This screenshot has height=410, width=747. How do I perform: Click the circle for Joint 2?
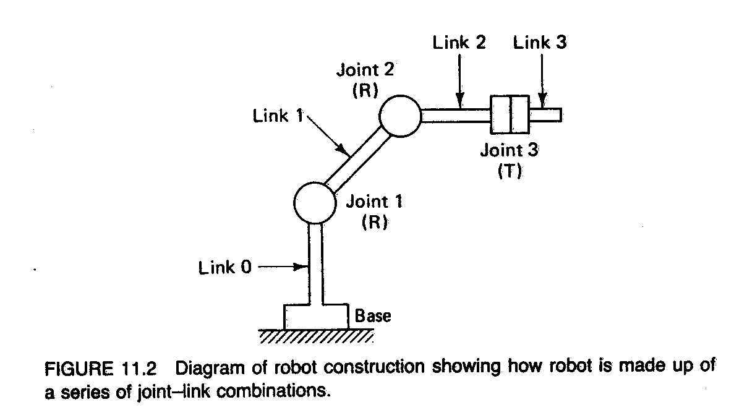coord(400,116)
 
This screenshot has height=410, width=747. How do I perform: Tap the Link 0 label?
coord(225,268)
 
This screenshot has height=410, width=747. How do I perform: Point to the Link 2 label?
coord(459,43)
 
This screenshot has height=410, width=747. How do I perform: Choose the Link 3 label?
coord(539,43)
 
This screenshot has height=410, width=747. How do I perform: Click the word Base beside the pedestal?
coord(372,316)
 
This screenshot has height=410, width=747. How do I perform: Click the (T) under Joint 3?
coord(510,171)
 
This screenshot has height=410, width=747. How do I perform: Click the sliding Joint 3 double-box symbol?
coord(510,114)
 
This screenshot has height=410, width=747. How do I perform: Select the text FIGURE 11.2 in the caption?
coord(101,368)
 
